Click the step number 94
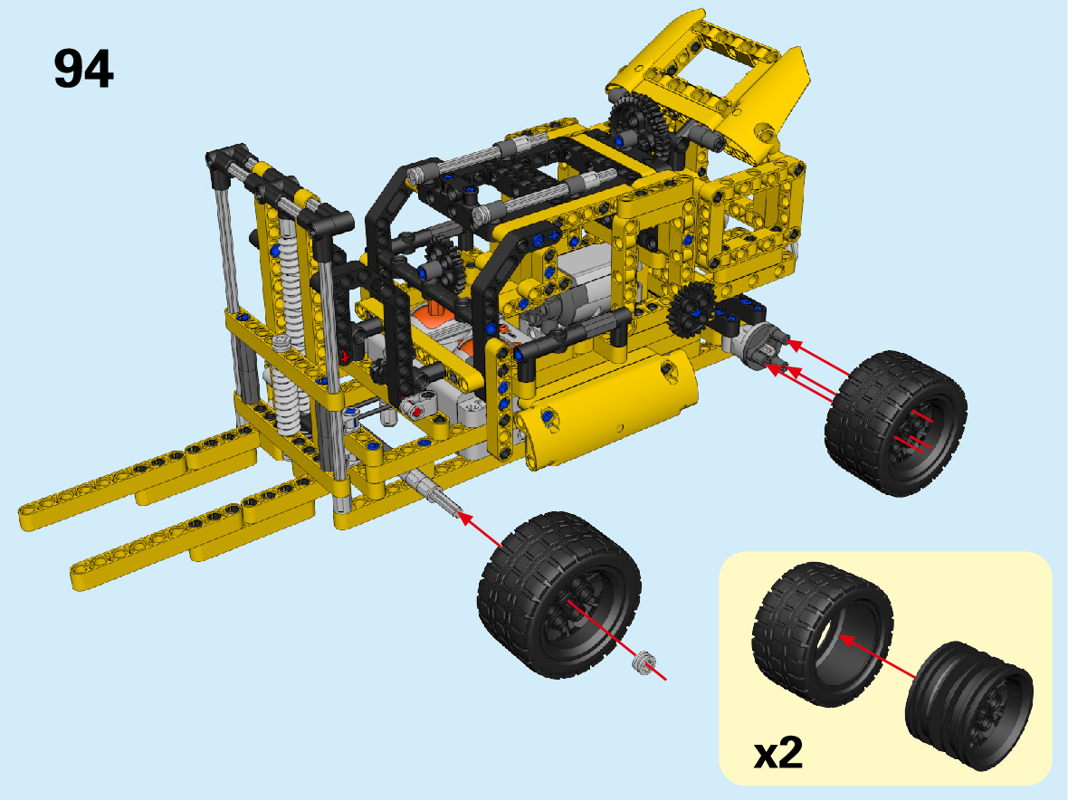83,69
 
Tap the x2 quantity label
777,753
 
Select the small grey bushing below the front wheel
643,662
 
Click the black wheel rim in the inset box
969,705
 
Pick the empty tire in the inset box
822,633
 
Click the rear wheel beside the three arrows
895,423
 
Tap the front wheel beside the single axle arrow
558,595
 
